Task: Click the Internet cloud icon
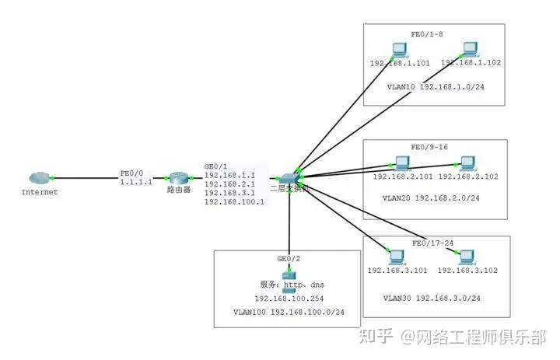click(38, 178)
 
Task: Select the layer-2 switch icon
click(289, 178)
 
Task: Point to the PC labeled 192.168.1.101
click(398, 50)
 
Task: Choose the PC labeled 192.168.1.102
click(469, 50)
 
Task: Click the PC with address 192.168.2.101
click(401, 163)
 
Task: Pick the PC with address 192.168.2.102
click(467, 163)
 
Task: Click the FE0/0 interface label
click(130, 173)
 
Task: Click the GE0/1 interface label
click(215, 166)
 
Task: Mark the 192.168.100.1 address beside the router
click(234, 201)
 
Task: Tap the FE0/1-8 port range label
click(428, 35)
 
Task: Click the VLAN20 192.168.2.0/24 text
click(431, 198)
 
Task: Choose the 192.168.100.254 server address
click(289, 299)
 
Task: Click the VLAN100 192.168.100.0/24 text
click(289, 312)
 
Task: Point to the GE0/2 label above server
click(288, 258)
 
